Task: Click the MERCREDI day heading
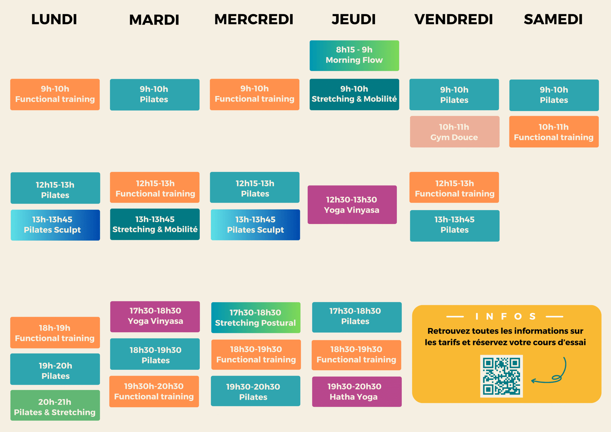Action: (254, 19)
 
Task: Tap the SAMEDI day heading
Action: (553, 19)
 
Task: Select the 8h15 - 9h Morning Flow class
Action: (354, 55)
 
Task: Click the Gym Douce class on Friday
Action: (454, 132)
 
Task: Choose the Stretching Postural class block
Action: (255, 318)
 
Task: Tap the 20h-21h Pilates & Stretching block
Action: (55, 405)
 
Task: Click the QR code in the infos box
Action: (501, 376)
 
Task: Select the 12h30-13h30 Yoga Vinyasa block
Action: (352, 205)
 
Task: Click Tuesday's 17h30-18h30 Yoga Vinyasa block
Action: (155, 316)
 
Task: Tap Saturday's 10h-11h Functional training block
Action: (554, 132)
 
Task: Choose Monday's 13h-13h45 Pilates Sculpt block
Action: (55, 225)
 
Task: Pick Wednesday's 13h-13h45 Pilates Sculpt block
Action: (255, 225)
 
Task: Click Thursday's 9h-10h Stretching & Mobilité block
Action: (354, 94)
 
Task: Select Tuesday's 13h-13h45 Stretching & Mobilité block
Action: (155, 224)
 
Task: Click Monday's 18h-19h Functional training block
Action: (55, 333)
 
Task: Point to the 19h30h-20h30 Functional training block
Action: (154, 392)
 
